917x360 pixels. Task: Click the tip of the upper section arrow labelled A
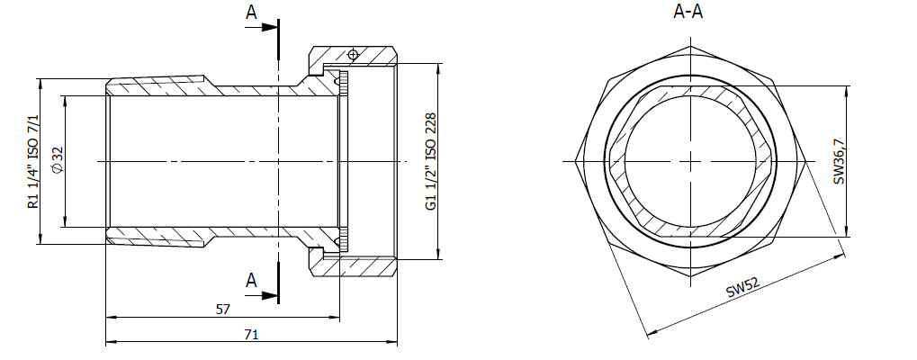(278, 27)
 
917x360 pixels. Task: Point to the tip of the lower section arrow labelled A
(278, 296)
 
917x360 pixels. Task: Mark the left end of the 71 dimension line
(105, 341)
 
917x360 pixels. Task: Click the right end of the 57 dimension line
(339, 318)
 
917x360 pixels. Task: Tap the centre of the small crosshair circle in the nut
(352, 55)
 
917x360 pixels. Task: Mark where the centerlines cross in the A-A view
(691, 161)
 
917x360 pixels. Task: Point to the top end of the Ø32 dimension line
(64, 95)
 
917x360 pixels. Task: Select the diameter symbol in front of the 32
(57, 168)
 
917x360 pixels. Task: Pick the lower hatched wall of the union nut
(355, 265)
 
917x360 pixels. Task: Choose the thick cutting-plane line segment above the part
(278, 40)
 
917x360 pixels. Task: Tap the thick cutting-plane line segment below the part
(278, 283)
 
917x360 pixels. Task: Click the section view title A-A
(688, 12)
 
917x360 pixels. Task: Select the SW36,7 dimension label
(840, 161)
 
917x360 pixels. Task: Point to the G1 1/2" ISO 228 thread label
(431, 161)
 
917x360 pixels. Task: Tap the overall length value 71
(251, 334)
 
